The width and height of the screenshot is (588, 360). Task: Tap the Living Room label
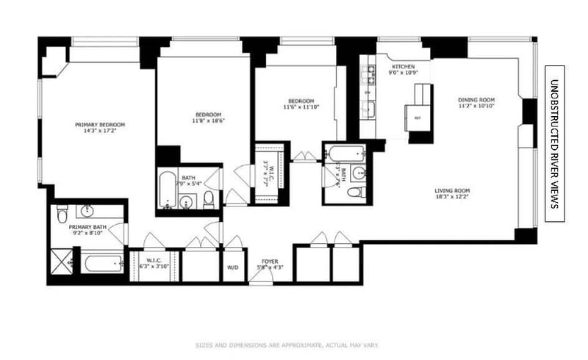[x=451, y=190]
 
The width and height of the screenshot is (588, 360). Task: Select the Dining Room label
[x=476, y=99]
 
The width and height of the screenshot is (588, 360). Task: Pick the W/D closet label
[x=233, y=267]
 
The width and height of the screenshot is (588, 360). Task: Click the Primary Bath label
[x=86, y=227]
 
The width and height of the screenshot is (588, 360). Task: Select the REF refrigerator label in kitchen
[x=417, y=118]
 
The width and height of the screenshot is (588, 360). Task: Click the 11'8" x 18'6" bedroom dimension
[x=208, y=121]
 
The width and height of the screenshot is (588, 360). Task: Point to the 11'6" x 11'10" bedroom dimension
[x=301, y=107]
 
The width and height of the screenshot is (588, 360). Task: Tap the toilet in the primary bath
[x=62, y=213]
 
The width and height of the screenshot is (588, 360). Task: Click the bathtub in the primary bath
[x=102, y=263]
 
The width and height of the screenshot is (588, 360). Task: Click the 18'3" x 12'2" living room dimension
[x=451, y=198]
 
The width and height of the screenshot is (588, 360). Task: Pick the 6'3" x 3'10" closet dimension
[x=154, y=266]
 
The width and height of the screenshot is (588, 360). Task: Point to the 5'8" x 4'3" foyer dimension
[x=266, y=267]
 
